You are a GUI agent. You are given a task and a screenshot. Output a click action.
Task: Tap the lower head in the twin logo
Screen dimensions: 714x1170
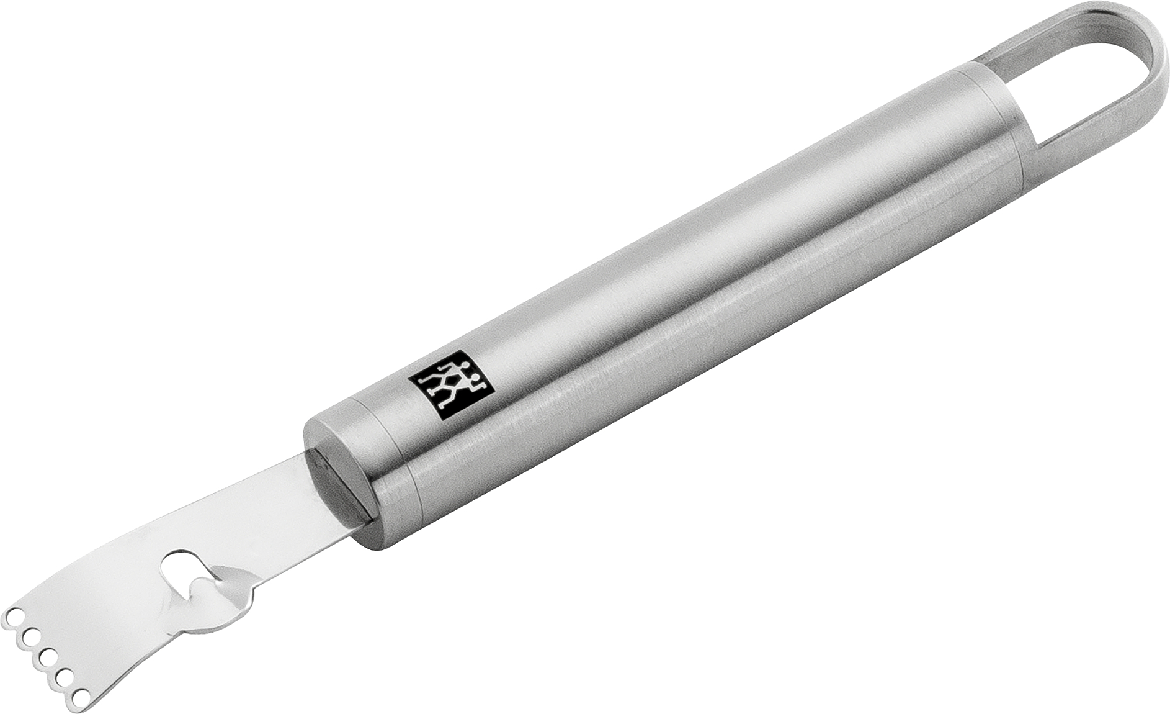pos(475,377)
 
